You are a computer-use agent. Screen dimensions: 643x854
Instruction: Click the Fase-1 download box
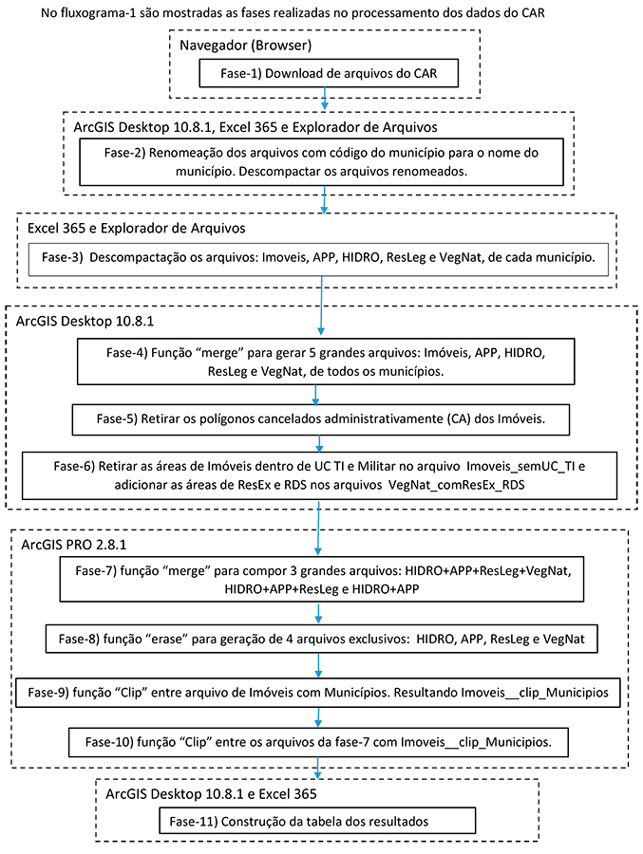pyautogui.click(x=329, y=73)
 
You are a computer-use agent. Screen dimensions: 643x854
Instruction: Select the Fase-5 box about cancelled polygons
pyautogui.click(x=321, y=419)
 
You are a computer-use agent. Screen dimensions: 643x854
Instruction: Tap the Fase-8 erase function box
pyautogui.click(x=321, y=639)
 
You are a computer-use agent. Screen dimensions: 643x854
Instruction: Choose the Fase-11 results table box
pyautogui.click(x=317, y=822)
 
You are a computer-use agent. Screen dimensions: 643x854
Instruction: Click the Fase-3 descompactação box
pyautogui.click(x=318, y=259)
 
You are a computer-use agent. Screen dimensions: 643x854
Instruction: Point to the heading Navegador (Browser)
pyautogui.click(x=245, y=46)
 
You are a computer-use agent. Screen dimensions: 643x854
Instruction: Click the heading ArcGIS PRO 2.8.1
pyautogui.click(x=74, y=545)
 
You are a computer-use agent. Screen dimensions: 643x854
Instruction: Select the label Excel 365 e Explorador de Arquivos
pyautogui.click(x=137, y=228)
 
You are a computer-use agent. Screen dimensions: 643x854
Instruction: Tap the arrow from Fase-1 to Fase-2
pyautogui.click(x=325, y=98)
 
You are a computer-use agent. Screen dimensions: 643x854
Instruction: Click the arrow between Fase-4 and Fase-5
pyautogui.click(x=315, y=395)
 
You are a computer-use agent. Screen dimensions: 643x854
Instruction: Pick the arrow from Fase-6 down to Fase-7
pyautogui.click(x=318, y=528)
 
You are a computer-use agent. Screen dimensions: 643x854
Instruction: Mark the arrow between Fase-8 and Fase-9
pyautogui.click(x=318, y=665)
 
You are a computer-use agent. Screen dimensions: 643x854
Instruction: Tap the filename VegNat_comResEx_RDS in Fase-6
pyautogui.click(x=457, y=485)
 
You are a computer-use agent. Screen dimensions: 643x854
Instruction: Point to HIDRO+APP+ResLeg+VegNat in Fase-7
pyautogui.click(x=488, y=571)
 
